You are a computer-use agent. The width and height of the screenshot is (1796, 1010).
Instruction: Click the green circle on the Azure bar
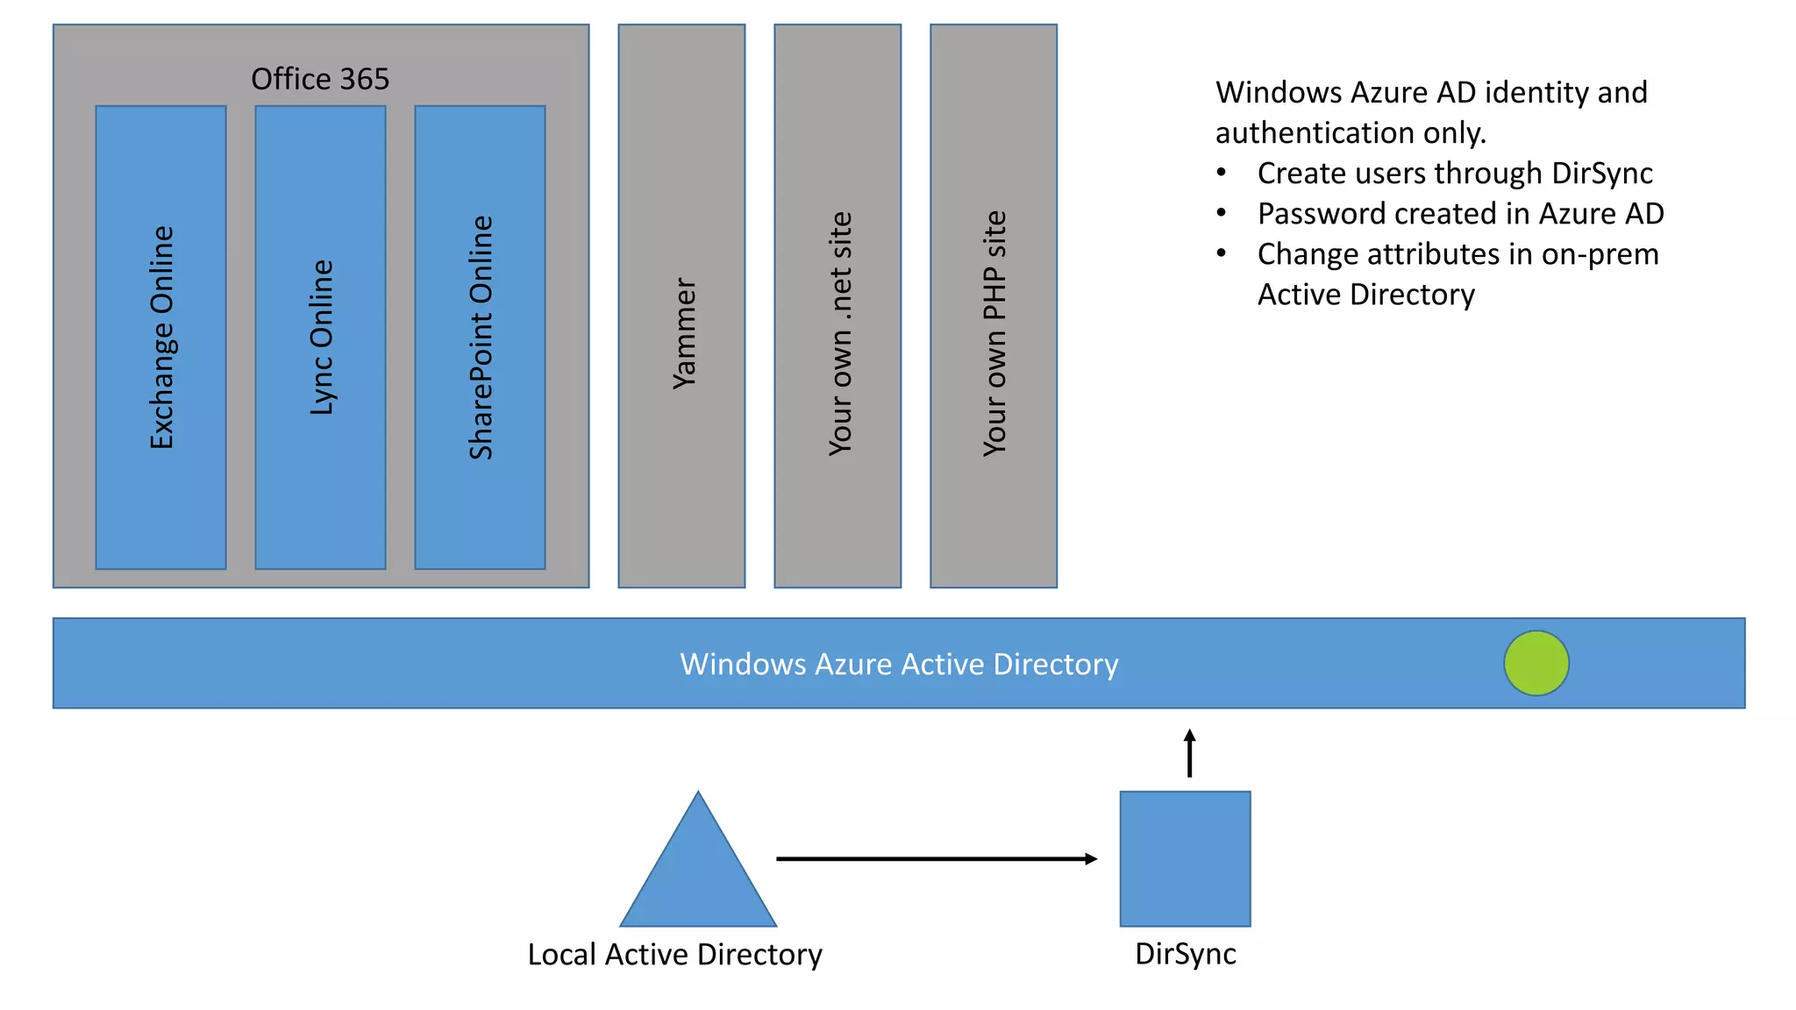[1536, 663]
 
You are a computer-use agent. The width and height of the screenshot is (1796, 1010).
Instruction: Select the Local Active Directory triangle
[698, 877]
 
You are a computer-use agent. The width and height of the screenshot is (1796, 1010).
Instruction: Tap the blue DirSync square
[1185, 858]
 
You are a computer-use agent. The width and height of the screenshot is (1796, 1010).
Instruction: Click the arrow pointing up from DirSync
[1189, 753]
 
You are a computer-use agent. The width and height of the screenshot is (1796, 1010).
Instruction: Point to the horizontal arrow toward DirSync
[936, 858]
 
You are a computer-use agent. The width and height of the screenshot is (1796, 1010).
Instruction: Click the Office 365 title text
[320, 79]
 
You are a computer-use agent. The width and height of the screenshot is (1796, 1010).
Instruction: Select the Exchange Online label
[161, 338]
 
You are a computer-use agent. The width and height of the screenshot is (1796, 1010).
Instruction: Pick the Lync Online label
[321, 338]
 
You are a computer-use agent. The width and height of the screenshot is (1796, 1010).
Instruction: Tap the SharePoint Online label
[481, 338]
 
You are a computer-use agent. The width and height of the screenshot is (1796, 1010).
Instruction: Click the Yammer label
[683, 333]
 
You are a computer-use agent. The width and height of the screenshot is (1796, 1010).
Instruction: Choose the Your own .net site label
[839, 333]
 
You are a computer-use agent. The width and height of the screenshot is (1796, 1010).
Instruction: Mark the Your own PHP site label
[994, 333]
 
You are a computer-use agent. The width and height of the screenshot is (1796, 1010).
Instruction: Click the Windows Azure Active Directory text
[899, 664]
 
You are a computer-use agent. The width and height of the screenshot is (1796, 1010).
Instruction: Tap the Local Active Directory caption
[674, 954]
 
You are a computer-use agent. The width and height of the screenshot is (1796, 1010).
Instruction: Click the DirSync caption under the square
[1185, 954]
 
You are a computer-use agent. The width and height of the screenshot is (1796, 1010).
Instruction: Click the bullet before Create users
[1221, 173]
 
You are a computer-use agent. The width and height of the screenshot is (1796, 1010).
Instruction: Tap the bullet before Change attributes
[1221, 253]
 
